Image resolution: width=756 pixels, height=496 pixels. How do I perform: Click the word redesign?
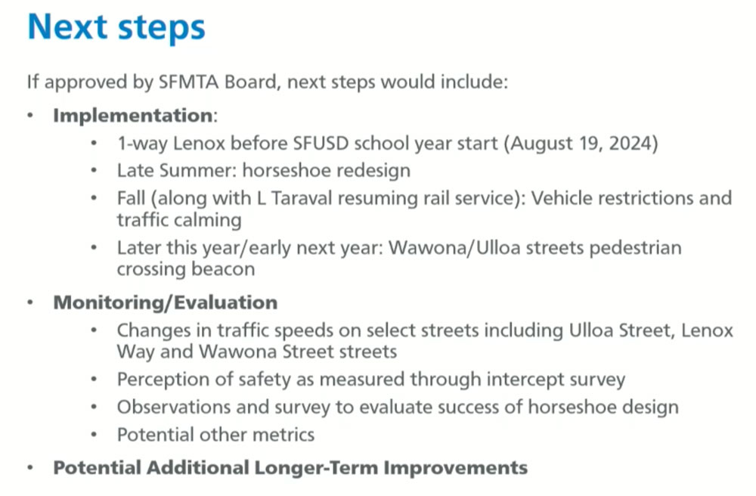pyautogui.click(x=373, y=170)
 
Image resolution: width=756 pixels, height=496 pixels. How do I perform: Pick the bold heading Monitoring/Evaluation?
pyautogui.click(x=165, y=303)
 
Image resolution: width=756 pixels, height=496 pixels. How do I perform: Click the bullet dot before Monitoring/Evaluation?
pyautogui.click(x=29, y=303)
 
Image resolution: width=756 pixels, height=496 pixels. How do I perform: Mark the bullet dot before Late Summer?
pyautogui.click(x=94, y=170)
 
